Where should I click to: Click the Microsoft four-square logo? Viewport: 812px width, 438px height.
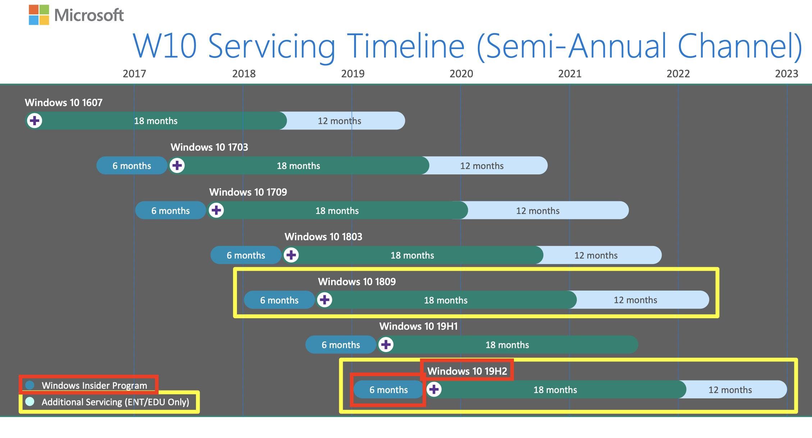[39, 15]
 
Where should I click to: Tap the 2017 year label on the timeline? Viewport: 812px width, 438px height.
[134, 74]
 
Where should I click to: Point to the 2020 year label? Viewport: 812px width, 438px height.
[461, 74]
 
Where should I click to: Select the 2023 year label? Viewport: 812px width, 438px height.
[786, 74]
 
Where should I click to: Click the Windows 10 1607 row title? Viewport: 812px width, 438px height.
[64, 103]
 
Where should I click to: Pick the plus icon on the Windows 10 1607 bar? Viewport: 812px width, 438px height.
[35, 120]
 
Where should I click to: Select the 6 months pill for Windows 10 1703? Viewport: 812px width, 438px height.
[132, 165]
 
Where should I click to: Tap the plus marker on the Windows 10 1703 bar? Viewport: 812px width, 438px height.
[177, 165]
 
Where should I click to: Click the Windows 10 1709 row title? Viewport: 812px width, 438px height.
[248, 192]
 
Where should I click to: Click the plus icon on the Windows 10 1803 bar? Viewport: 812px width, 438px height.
[291, 255]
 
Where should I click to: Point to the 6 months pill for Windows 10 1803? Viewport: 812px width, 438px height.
[246, 255]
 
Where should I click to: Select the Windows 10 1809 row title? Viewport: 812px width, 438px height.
[357, 282]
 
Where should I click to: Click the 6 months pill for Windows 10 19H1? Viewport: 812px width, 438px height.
[341, 345]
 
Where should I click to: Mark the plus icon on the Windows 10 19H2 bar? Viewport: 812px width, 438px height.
[434, 389]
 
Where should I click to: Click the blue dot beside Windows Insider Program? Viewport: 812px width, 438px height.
[30, 385]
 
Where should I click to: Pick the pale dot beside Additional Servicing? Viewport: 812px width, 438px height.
[30, 401]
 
